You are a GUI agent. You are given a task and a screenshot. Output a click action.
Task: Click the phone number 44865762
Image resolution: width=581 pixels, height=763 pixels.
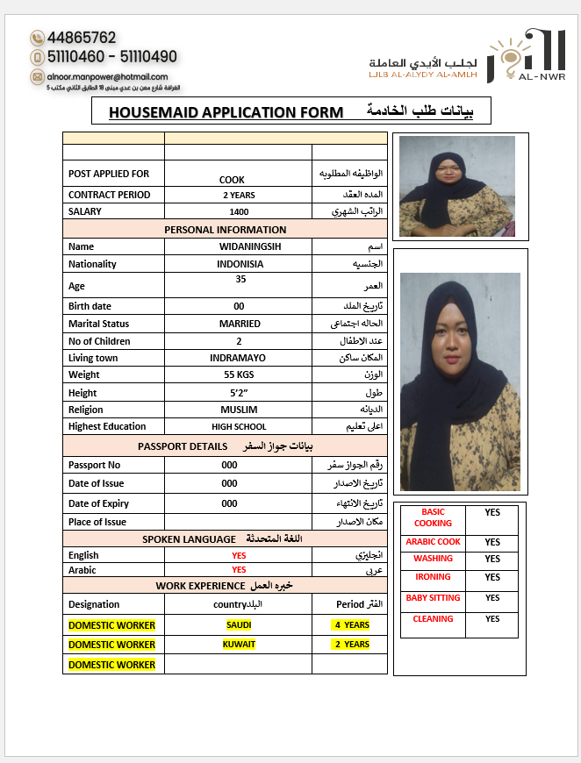pos(82,38)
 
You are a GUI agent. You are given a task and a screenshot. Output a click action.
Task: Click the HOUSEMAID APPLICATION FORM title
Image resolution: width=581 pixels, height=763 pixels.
pos(226,112)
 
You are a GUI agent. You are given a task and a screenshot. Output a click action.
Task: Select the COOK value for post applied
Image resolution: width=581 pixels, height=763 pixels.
pos(232,180)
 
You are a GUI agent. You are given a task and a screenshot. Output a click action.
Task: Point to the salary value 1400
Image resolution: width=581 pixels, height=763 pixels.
pos(239,211)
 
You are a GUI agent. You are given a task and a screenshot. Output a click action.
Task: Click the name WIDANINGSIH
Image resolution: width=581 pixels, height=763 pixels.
pos(238,246)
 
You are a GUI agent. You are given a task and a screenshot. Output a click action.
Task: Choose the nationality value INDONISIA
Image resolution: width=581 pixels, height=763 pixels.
pos(240,264)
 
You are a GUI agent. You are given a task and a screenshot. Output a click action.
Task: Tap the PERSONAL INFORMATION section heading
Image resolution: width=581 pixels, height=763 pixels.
pos(226,230)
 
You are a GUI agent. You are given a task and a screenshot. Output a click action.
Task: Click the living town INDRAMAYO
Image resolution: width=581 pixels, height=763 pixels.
pos(238,358)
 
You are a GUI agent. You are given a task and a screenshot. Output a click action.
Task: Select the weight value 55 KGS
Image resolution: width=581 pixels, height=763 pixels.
pos(238,375)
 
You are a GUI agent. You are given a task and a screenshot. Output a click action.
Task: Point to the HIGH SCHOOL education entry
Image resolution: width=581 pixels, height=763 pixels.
pos(239,427)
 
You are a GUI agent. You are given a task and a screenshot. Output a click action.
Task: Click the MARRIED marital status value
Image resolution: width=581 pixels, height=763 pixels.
pos(240,324)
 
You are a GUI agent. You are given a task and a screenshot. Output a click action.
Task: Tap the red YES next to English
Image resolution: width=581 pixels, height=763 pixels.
pos(239,555)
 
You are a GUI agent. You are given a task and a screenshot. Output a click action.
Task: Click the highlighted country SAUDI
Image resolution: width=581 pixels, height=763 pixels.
pos(239,624)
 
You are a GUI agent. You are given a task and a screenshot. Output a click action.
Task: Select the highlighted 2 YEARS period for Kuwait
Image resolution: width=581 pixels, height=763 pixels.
pos(352,644)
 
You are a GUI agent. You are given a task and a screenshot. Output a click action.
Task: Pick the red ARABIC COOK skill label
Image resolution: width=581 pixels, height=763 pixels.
pos(433,542)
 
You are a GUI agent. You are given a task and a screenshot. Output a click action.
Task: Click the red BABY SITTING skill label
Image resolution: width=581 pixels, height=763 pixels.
pos(433,598)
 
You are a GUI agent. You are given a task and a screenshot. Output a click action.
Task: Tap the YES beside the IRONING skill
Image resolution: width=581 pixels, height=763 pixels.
pos(492,577)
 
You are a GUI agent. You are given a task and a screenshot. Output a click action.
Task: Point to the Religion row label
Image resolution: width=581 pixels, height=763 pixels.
pos(86,410)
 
